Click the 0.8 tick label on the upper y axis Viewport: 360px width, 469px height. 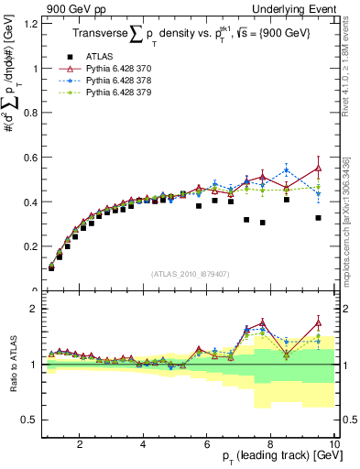tap(28, 113)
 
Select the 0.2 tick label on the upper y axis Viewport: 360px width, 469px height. tap(28, 246)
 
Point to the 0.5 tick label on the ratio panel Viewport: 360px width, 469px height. tap(28, 420)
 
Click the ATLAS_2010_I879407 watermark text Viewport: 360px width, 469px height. tap(190, 273)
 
